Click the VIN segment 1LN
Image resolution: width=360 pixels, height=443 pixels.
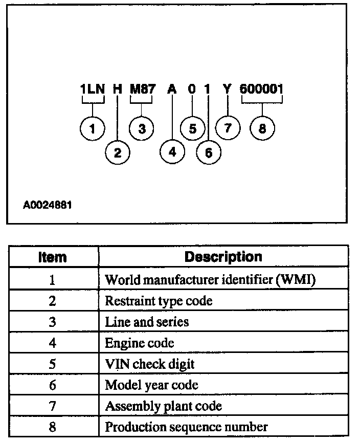click(x=92, y=89)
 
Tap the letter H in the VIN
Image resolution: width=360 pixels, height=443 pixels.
click(x=117, y=89)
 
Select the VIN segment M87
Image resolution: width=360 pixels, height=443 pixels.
click(x=142, y=89)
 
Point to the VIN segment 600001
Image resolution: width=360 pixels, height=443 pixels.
click(x=262, y=89)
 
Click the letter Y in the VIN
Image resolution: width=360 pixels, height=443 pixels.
click(x=228, y=89)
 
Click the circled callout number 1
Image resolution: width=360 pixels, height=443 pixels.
click(x=92, y=128)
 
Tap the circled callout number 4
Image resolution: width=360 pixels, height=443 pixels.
click(x=172, y=152)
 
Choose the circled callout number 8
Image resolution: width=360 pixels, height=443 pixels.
click(x=262, y=128)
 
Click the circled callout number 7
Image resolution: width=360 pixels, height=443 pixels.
click(x=228, y=128)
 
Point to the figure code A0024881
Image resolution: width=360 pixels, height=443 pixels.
click(x=47, y=206)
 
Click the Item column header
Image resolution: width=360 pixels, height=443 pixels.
click(x=52, y=257)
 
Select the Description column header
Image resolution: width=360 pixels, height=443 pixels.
click(x=223, y=257)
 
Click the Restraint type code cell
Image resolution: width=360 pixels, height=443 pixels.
click(x=159, y=301)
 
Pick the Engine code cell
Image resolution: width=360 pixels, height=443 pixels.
click(x=140, y=343)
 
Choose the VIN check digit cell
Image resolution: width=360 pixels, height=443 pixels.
click(x=150, y=364)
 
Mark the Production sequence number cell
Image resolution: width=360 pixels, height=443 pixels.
click(x=186, y=427)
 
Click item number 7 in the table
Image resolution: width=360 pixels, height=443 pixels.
click(x=52, y=406)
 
